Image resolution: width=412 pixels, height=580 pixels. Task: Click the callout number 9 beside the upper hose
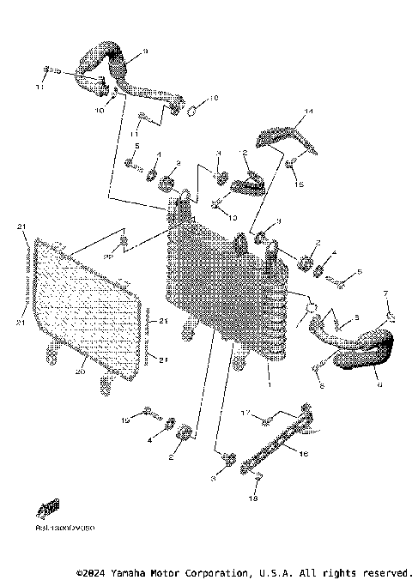click(x=144, y=52)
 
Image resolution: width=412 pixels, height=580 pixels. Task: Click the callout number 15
click(x=300, y=183)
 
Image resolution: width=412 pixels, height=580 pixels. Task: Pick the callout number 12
click(x=244, y=154)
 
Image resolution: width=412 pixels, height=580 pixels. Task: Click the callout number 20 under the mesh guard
click(x=80, y=372)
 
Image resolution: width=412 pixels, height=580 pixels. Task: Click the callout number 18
click(x=253, y=497)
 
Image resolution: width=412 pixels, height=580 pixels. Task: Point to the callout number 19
click(x=124, y=421)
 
